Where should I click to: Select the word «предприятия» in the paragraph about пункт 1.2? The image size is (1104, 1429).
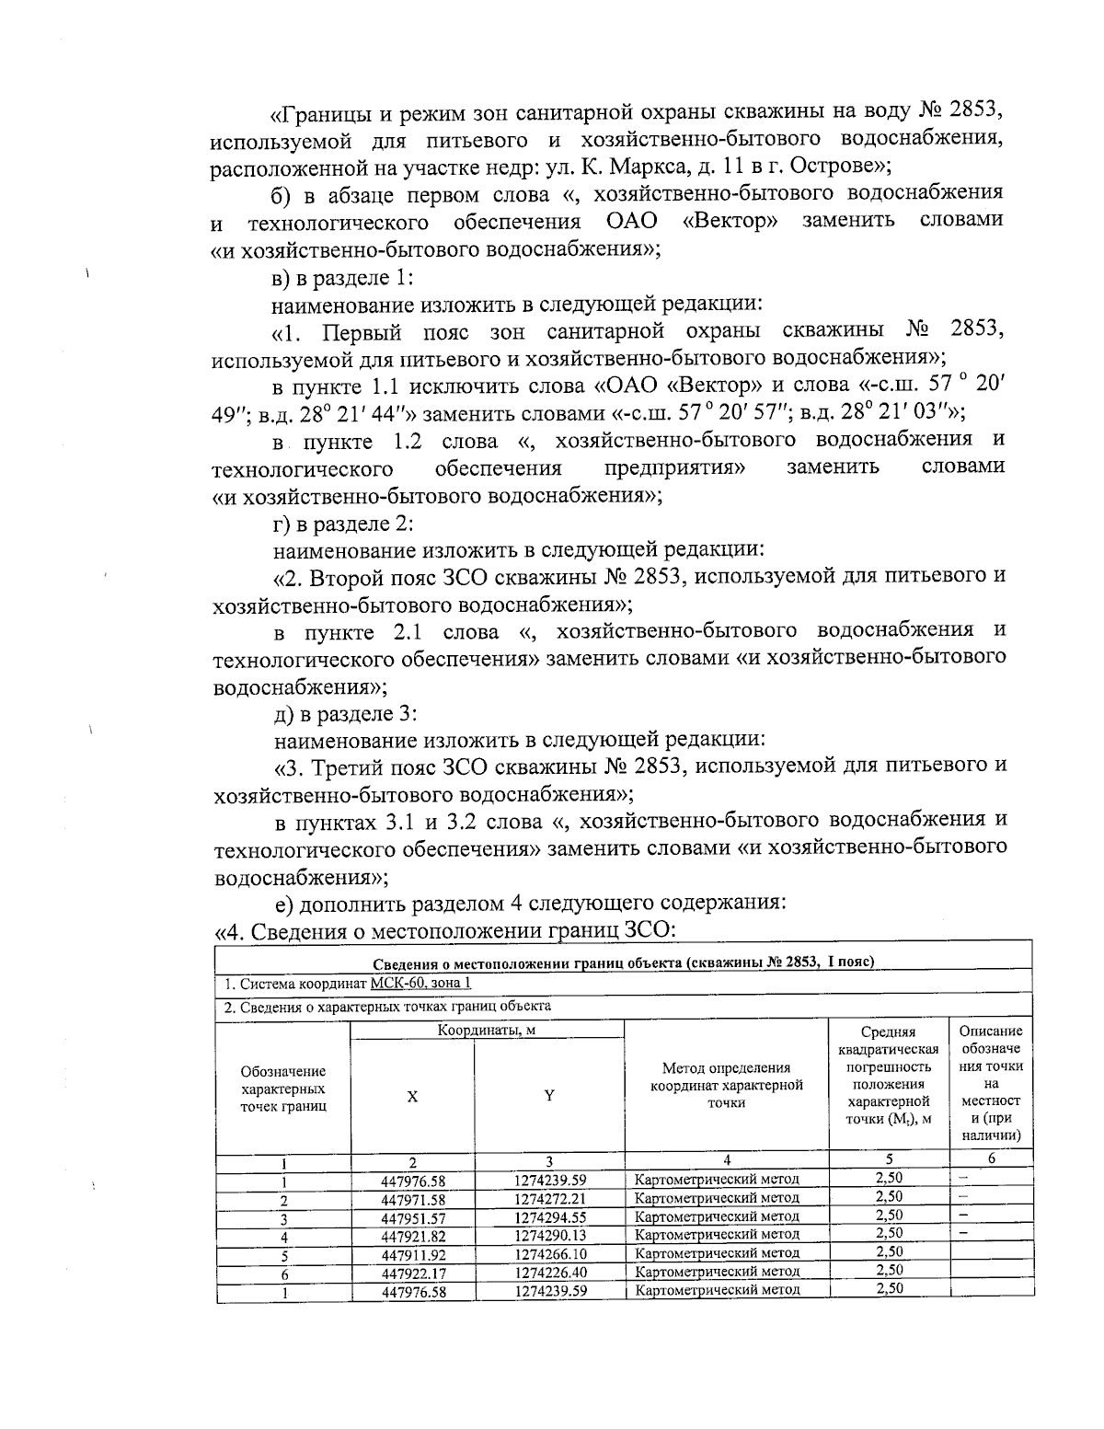[x=674, y=467]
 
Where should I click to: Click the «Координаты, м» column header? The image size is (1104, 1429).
[x=487, y=1030]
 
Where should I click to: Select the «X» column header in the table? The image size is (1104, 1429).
[x=413, y=1096]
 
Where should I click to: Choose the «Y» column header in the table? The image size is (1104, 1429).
[x=549, y=1096]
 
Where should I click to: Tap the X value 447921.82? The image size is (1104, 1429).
[x=413, y=1236]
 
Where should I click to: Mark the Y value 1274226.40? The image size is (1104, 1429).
[x=550, y=1273]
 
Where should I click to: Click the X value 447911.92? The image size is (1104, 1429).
[x=413, y=1254]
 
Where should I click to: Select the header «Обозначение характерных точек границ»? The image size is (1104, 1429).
[x=282, y=1089]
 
